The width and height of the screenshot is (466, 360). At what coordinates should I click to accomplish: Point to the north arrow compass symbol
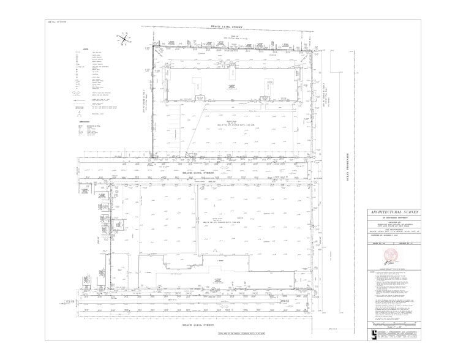pos(124,40)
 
